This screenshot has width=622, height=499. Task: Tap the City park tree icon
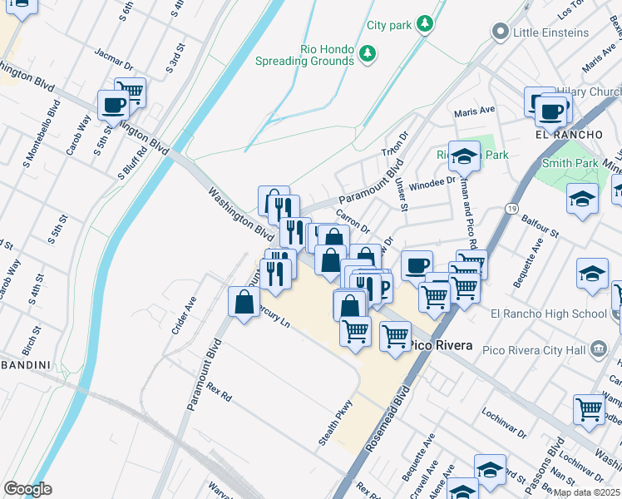(425, 24)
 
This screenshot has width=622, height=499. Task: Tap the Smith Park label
(569, 163)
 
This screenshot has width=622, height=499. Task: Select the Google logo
(27, 488)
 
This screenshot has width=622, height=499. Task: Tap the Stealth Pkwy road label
(336, 423)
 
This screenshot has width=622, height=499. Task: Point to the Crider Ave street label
(182, 316)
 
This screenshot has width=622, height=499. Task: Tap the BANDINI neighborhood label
(25, 364)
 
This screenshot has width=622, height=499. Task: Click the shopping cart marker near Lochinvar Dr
(589, 409)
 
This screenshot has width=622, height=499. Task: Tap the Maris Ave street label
(474, 111)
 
